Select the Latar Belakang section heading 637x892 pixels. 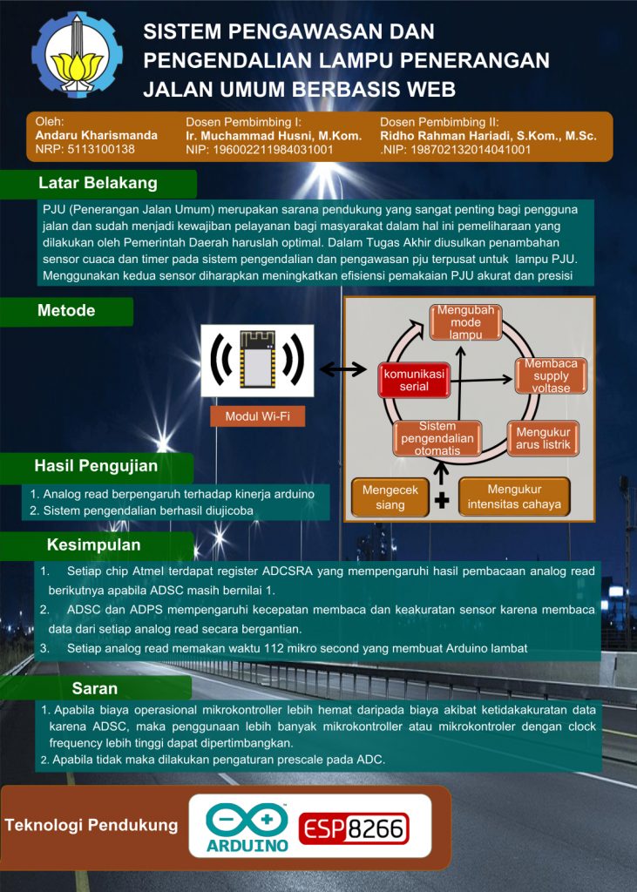click(x=98, y=183)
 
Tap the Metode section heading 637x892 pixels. click(x=66, y=311)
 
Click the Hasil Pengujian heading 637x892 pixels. click(x=96, y=466)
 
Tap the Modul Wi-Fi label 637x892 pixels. click(x=258, y=416)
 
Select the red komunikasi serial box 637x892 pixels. click(x=414, y=379)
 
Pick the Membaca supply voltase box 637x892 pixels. click(x=551, y=375)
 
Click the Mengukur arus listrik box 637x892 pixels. click(x=543, y=438)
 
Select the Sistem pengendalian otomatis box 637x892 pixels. click(x=437, y=438)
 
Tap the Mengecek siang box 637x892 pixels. click(x=390, y=497)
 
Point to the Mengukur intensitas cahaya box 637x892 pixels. click(x=514, y=497)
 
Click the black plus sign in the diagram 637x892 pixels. click(x=442, y=501)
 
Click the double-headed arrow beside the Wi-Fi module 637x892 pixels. click(x=342, y=369)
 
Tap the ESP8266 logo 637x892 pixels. click(x=354, y=829)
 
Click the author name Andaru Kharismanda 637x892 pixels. click(x=97, y=136)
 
